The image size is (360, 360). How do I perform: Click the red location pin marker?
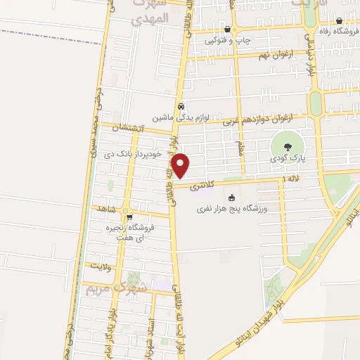181,165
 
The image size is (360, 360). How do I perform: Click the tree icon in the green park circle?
286,147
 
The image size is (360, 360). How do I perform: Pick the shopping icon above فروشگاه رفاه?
340,20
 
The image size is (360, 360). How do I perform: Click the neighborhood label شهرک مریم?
117,288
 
